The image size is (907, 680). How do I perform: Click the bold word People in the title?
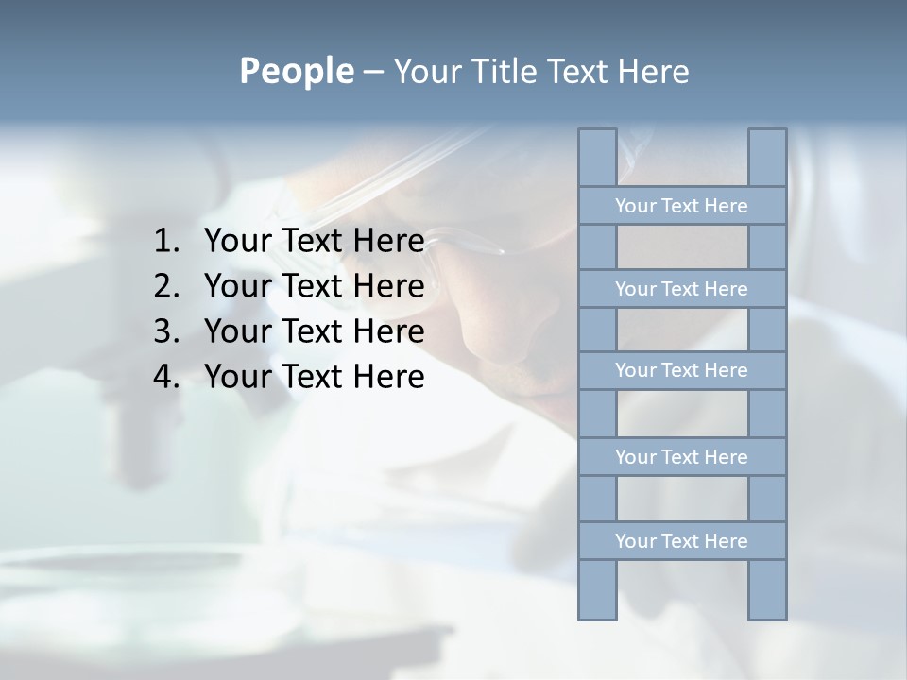(296, 71)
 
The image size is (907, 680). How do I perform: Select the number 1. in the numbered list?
(166, 242)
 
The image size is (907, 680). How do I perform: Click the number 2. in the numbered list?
(166, 286)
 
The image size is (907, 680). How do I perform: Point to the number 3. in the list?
(166, 331)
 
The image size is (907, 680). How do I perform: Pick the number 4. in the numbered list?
(166, 377)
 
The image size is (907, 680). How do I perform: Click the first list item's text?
(314, 242)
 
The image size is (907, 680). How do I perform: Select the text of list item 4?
(314, 377)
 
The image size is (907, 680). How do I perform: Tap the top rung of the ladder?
(681, 206)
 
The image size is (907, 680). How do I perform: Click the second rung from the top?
(681, 289)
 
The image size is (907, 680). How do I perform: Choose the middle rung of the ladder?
(681, 370)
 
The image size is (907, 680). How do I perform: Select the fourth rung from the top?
(681, 457)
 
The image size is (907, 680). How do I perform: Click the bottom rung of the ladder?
(681, 541)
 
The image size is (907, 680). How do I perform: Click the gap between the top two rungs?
(681, 247)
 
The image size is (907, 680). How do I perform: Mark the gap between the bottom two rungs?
(681, 499)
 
